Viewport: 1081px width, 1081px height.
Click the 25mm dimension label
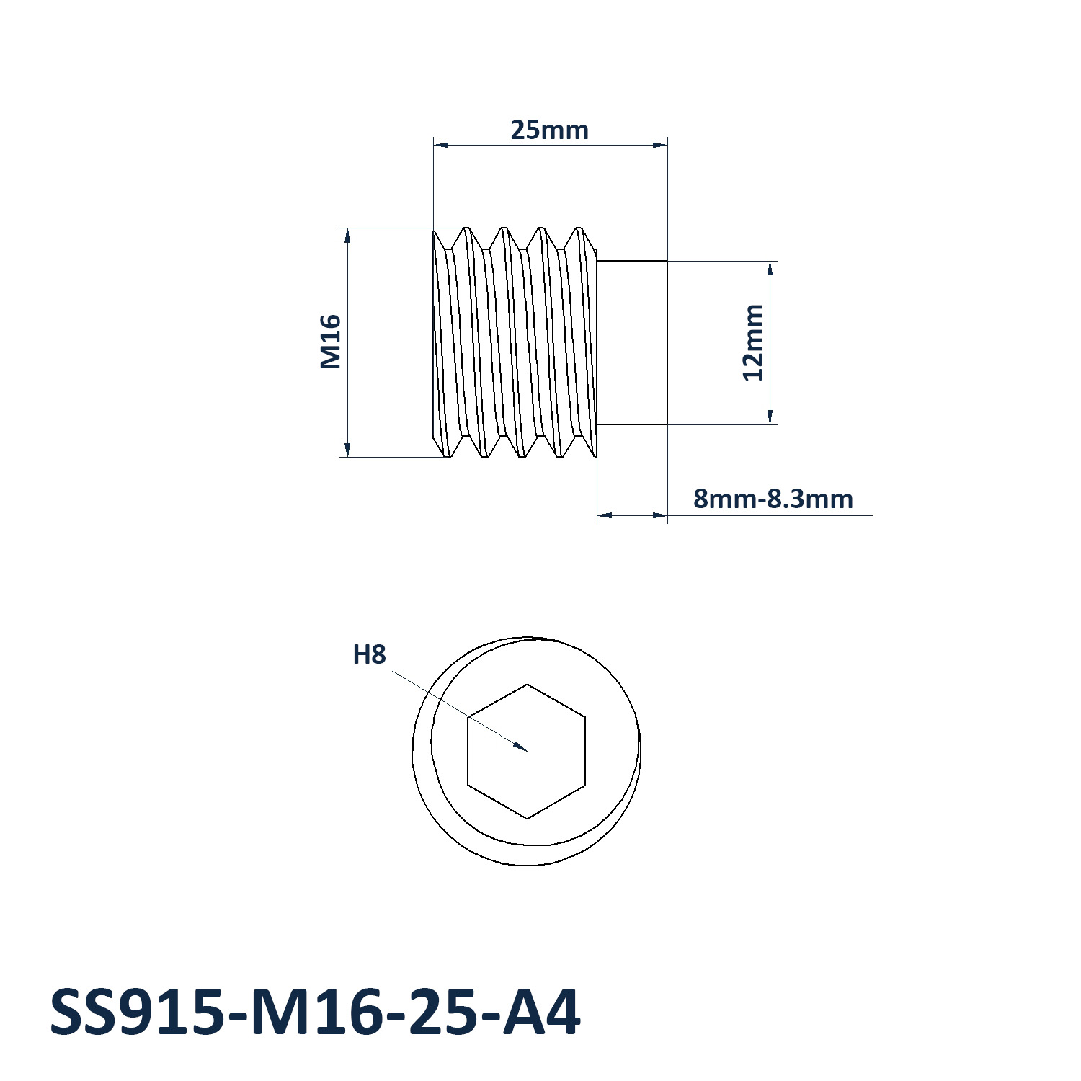[x=549, y=130]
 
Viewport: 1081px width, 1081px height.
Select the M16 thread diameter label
[x=330, y=342]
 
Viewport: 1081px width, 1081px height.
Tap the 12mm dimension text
[x=753, y=342]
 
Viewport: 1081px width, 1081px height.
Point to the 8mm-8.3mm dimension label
[x=773, y=499]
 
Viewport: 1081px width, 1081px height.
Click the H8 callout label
[x=369, y=654]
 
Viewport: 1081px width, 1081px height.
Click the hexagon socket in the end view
[x=527, y=751]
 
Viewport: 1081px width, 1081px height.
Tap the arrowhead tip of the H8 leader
[x=527, y=751]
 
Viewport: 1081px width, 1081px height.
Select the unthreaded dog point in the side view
[x=632, y=343]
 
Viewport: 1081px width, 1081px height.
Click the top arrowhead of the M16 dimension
[x=347, y=229]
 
